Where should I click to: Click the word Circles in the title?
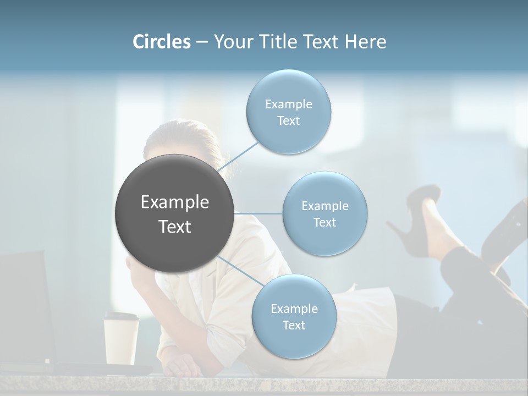[162, 41]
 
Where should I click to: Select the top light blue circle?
[288, 112]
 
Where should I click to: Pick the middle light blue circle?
[324, 213]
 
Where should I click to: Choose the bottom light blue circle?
[294, 316]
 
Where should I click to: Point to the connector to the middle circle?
[258, 213]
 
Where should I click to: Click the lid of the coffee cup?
[121, 317]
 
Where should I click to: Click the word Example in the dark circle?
[174, 202]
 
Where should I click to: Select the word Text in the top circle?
[288, 121]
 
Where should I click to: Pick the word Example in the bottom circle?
[294, 309]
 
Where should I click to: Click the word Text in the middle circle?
[324, 222]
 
